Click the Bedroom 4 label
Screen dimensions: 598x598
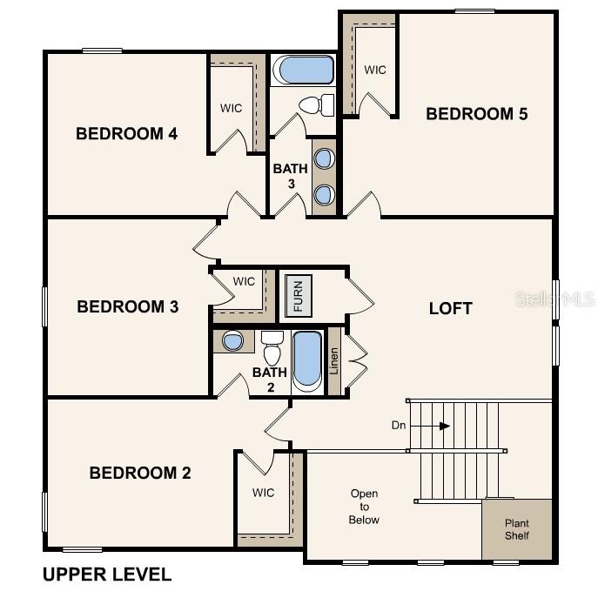coord(126,134)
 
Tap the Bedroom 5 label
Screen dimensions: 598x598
coord(476,114)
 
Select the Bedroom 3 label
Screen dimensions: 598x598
coord(127,306)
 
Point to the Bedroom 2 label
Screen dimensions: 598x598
coord(139,474)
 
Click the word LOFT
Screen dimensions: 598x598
coord(451,308)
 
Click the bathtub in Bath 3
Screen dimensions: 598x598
coord(302,71)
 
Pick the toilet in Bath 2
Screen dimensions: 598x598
coord(272,351)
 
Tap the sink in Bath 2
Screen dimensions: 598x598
coord(232,341)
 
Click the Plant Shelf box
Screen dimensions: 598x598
coord(517,529)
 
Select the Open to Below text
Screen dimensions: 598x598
coord(364,507)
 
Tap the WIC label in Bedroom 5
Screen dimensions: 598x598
coord(375,71)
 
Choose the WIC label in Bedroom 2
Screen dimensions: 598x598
coord(263,493)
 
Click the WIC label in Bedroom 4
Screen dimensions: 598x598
coord(231,109)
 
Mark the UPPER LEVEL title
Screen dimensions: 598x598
coord(107,574)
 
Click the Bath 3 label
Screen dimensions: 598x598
coord(290,176)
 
